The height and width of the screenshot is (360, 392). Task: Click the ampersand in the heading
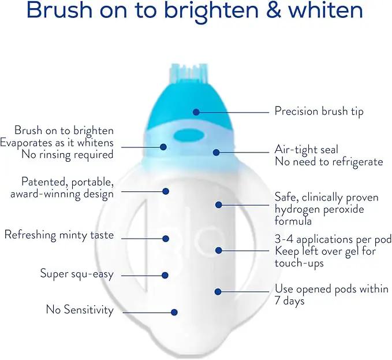274,10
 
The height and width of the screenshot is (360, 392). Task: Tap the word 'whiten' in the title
325,10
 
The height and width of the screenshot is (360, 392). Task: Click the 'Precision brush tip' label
319,112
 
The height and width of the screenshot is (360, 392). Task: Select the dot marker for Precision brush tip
196,112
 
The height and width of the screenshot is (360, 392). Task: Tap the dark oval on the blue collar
189,136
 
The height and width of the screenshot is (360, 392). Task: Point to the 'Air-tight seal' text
306,150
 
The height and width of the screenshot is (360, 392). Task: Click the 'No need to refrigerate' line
328,162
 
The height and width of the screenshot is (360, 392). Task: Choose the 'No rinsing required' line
68,154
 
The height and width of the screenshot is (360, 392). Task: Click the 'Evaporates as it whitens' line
57,143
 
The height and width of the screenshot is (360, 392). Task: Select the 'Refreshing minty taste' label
59,235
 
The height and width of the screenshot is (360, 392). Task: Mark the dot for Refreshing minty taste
166,239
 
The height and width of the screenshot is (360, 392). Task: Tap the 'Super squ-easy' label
77,273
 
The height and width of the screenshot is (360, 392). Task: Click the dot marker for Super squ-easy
165,275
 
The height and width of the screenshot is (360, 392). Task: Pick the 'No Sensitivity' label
80,310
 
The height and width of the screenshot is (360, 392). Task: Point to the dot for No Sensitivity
174,312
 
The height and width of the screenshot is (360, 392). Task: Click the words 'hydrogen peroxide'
319,209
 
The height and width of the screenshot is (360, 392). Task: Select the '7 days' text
289,300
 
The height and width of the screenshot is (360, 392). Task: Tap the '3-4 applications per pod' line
333,239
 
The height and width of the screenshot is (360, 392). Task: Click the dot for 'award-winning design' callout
166,191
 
